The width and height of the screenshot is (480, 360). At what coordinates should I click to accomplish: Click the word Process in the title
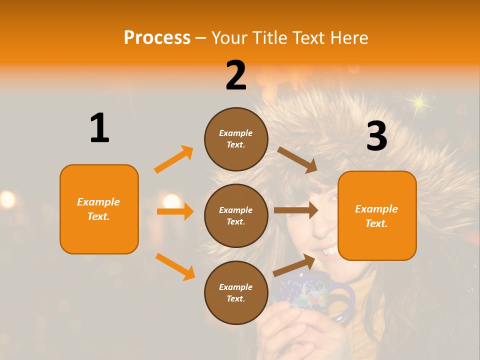157,37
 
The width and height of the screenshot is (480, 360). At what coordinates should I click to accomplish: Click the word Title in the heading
268,37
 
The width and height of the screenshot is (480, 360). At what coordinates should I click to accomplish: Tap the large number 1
99,128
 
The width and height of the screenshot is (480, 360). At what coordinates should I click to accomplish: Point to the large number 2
236,75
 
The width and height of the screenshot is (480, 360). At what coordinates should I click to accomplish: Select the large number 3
376,136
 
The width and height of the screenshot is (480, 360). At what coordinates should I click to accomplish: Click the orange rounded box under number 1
99,209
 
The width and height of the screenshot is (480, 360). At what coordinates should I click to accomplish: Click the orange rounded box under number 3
377,215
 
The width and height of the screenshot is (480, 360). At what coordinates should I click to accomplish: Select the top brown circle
236,138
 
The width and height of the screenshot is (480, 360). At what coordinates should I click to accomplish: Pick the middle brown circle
236,215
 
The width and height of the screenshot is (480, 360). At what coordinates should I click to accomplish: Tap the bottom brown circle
236,292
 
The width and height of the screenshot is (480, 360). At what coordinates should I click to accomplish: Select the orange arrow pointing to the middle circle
175,211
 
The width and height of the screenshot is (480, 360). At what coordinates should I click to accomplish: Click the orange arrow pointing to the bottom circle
175,266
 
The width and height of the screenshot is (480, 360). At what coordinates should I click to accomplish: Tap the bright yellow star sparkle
418,103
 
